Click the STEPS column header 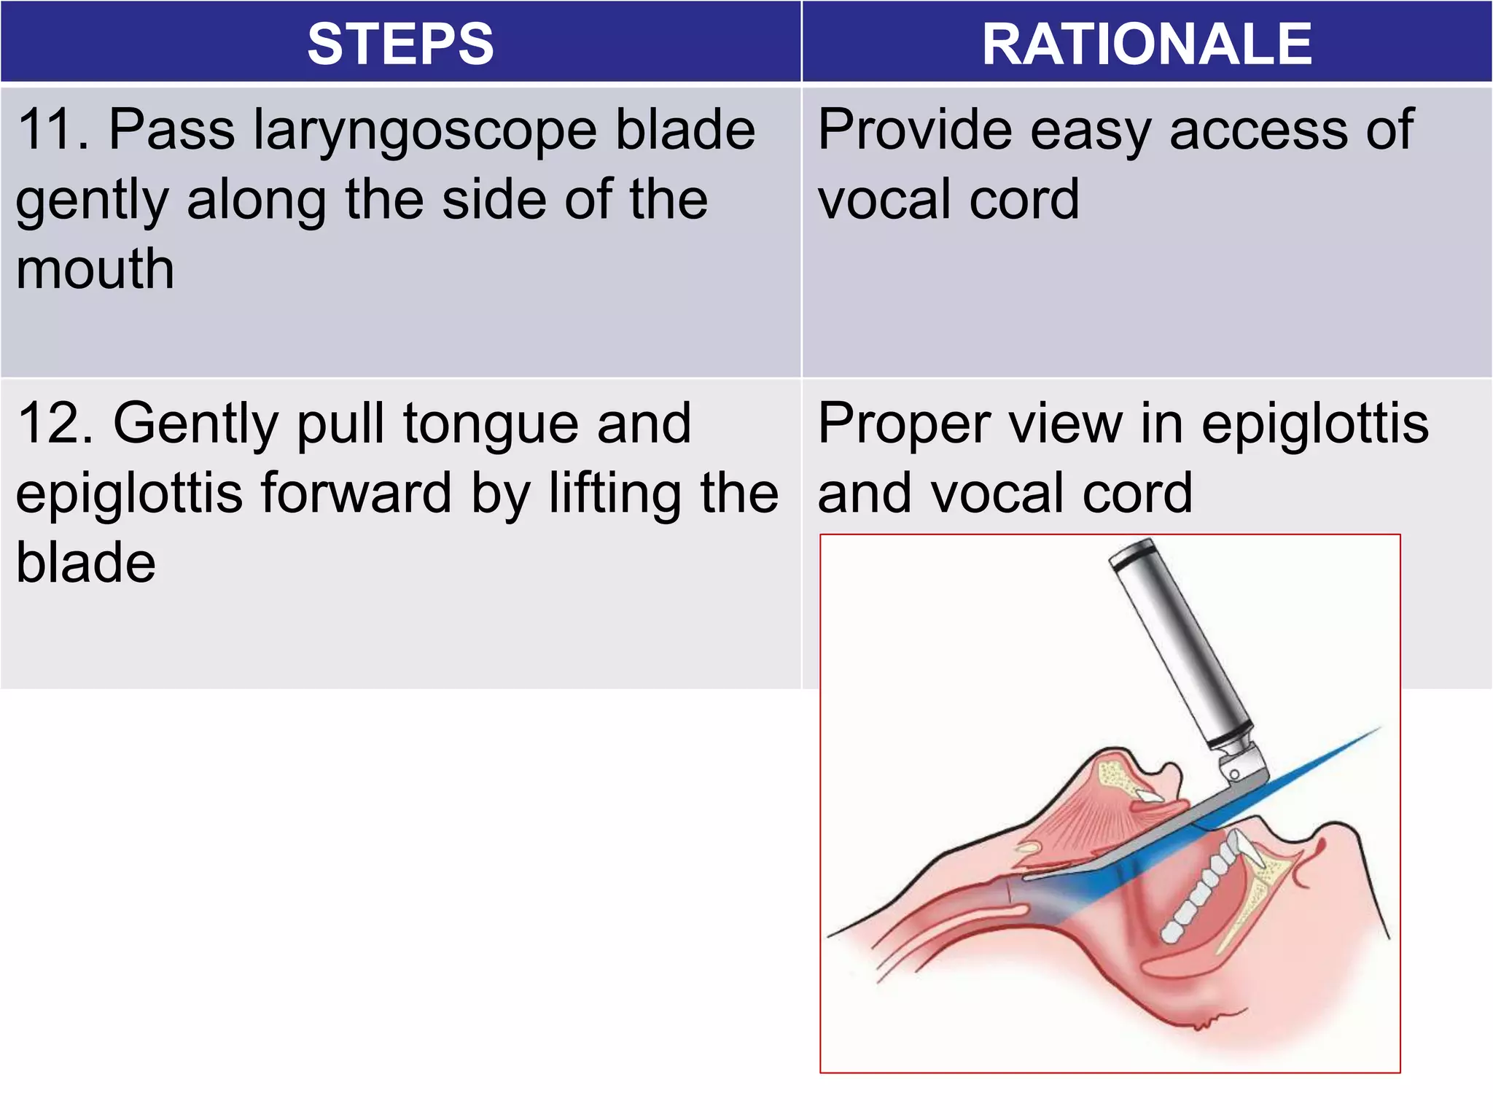(x=400, y=44)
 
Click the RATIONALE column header (x=1147, y=44)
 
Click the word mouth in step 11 (x=95, y=269)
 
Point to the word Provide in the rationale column (x=914, y=130)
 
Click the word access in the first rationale (x=1258, y=130)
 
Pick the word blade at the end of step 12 (x=86, y=563)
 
